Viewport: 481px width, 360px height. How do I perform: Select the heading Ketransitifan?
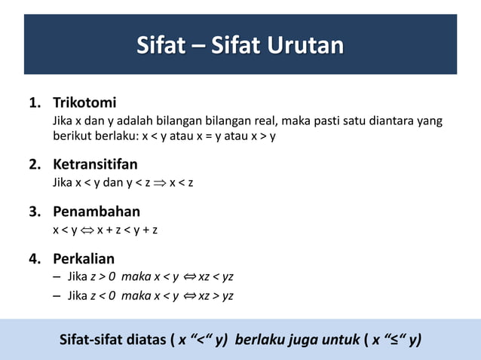95,164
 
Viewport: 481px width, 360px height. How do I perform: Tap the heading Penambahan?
96,212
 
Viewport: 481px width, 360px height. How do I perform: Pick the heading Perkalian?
83,260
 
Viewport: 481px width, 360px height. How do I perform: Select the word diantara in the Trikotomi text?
382,121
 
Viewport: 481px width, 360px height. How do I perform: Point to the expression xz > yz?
216,295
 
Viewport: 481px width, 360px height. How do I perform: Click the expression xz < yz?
216,277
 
